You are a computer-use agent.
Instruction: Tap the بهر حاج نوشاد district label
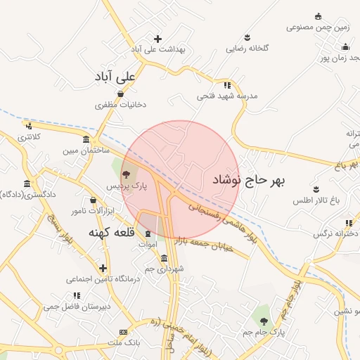[250, 180]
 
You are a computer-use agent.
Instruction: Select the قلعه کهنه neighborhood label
[115, 231]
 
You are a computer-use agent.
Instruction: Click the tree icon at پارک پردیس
[126, 174]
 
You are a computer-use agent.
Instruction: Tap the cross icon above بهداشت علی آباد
[157, 39]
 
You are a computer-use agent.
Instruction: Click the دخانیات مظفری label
[121, 105]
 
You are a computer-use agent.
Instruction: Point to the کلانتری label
[29, 136]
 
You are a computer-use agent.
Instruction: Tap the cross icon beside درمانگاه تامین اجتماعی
[103, 268]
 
